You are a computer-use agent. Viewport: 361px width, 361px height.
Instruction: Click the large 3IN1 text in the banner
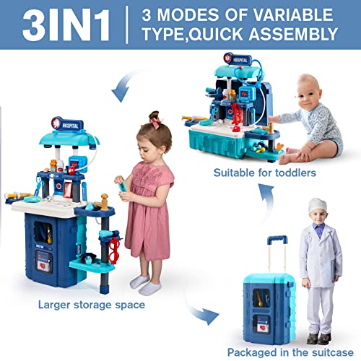click(66, 25)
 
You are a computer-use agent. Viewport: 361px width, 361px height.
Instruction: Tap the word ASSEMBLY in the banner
click(293, 34)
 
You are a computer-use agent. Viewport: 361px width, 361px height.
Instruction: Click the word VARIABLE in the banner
click(293, 15)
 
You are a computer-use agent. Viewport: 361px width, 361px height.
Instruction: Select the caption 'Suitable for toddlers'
click(265, 173)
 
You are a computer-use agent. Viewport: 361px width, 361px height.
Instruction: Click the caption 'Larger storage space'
click(92, 305)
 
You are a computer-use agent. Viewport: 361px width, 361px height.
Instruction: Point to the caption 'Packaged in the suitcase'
click(290, 352)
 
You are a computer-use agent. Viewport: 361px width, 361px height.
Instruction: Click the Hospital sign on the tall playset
click(67, 124)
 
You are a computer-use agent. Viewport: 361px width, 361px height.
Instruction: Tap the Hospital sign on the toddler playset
click(238, 59)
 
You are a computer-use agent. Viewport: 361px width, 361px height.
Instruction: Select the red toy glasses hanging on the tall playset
click(115, 251)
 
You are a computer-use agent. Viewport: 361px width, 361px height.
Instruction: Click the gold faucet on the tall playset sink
click(103, 202)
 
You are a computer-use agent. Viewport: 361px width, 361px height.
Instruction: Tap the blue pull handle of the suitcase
click(277, 240)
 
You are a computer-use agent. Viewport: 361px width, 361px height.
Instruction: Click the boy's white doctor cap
click(318, 205)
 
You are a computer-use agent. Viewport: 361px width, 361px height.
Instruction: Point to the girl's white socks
click(146, 284)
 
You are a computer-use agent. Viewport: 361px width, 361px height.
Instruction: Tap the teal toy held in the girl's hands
click(123, 186)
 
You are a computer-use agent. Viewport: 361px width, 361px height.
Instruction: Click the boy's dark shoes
click(319, 339)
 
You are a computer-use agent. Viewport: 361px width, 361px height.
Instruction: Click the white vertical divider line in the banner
click(127, 25)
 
